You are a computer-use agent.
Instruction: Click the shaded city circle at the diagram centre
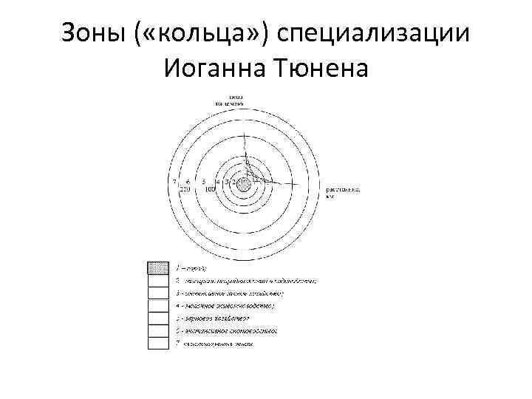pyautogui.click(x=242, y=183)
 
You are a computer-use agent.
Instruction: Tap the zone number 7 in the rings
pyautogui.click(x=174, y=181)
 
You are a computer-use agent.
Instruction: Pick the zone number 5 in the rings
pyautogui.click(x=203, y=181)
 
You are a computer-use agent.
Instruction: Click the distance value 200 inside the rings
pyautogui.click(x=185, y=189)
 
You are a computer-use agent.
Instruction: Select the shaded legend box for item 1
pyautogui.click(x=159, y=267)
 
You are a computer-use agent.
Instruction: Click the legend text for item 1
pyautogui.click(x=191, y=267)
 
